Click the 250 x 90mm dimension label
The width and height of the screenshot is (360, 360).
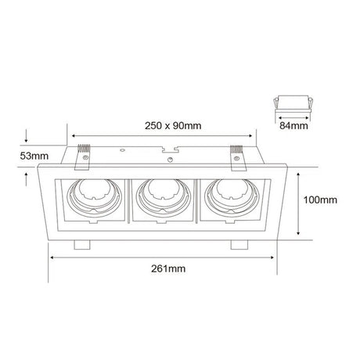173,126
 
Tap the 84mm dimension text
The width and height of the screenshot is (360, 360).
293,126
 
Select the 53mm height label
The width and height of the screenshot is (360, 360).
34,156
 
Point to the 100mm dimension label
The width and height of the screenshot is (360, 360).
320,200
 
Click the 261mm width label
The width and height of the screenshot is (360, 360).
168,268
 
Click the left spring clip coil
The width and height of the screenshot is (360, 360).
84,149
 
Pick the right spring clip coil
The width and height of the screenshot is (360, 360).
236,149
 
